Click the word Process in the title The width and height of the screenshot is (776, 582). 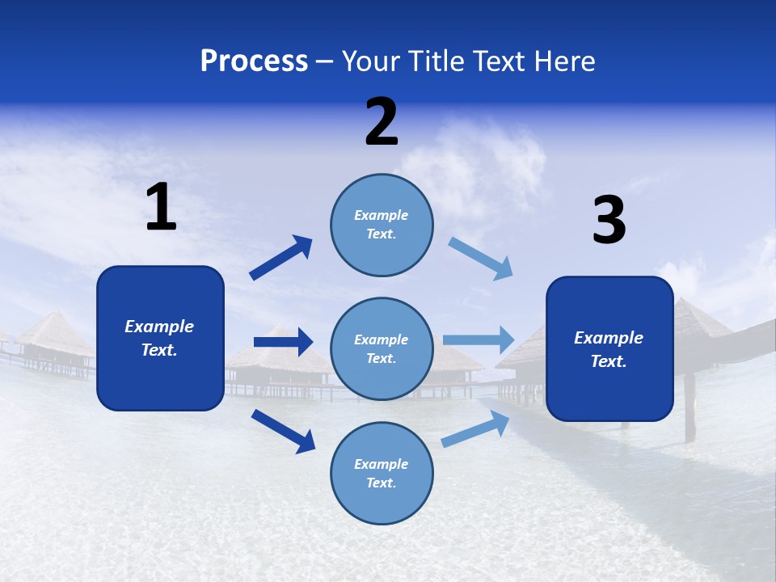pyautogui.click(x=254, y=61)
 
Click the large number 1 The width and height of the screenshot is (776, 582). pyautogui.click(x=161, y=208)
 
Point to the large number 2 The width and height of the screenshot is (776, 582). pyautogui.click(x=382, y=122)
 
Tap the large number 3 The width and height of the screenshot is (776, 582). pyautogui.click(x=609, y=221)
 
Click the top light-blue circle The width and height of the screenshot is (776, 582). pyautogui.click(x=382, y=225)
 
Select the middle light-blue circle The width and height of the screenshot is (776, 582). pyautogui.click(x=382, y=348)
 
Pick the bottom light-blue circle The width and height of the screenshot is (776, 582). pyautogui.click(x=382, y=473)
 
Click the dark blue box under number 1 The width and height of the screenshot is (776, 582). pyautogui.click(x=160, y=338)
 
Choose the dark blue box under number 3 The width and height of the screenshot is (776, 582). pyautogui.click(x=609, y=348)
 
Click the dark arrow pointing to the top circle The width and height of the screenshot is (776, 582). pyautogui.click(x=281, y=258)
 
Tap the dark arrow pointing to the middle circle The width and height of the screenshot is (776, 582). pyautogui.click(x=283, y=342)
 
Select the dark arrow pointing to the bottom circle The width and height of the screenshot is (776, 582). pyautogui.click(x=283, y=431)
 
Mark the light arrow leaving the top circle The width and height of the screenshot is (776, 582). pyautogui.click(x=481, y=259)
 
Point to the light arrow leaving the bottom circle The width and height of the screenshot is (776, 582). pyautogui.click(x=476, y=429)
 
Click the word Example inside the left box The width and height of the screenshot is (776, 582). pyautogui.click(x=159, y=327)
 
